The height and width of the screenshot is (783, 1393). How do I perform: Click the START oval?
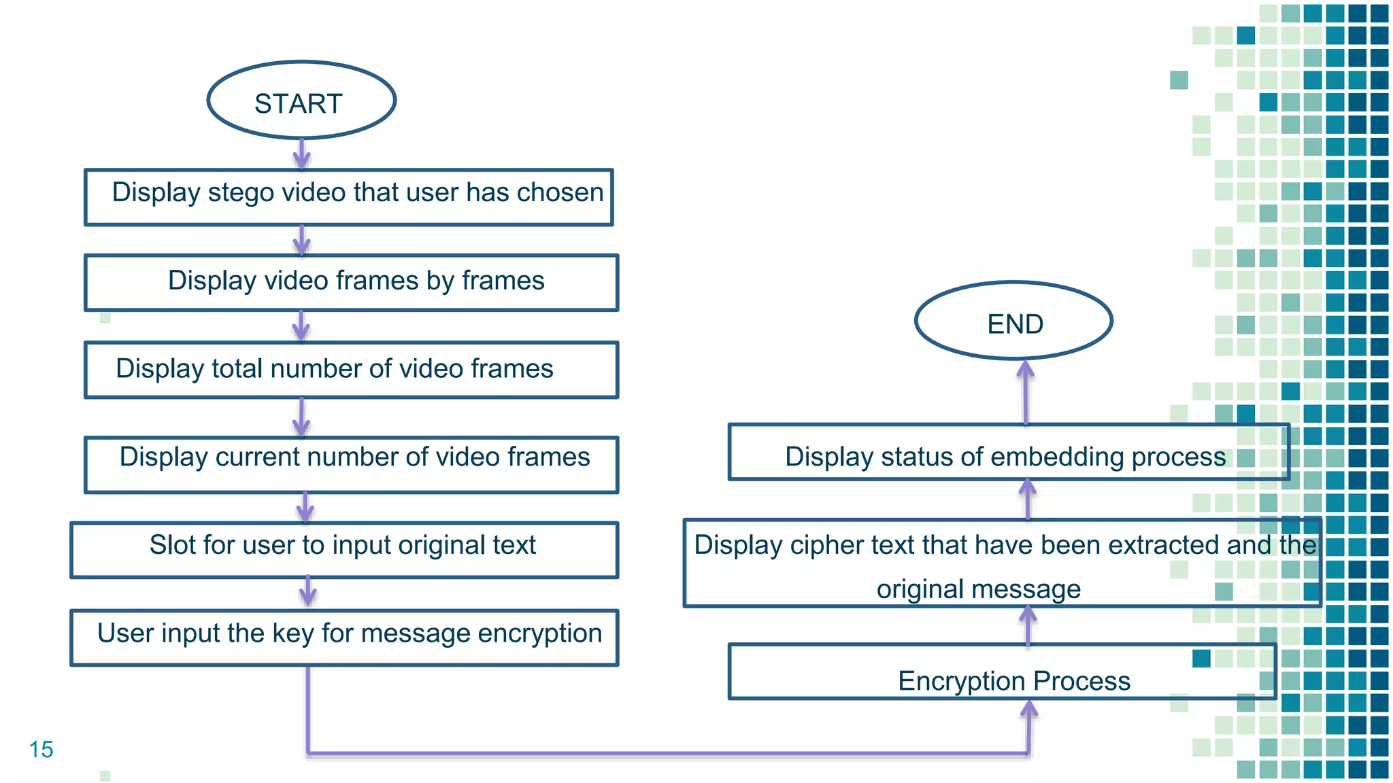click(x=301, y=101)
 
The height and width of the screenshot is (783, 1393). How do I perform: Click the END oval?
click(x=1013, y=321)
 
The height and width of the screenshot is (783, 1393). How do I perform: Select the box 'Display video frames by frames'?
click(x=351, y=282)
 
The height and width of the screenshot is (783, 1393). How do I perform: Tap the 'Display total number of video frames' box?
click(x=351, y=370)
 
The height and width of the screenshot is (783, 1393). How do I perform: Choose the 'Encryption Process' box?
click(x=1002, y=672)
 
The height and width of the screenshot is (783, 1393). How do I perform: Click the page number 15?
click(x=41, y=749)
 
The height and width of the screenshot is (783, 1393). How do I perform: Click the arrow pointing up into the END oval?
click(x=1026, y=391)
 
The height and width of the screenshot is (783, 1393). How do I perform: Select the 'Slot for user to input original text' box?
click(x=343, y=549)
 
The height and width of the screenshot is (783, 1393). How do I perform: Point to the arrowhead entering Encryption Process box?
click(x=1029, y=710)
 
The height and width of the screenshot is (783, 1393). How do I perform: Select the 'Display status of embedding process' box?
click(x=1009, y=452)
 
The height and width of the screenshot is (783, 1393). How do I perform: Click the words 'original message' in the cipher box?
click(x=978, y=589)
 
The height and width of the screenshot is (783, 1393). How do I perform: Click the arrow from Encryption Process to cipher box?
click(x=1028, y=625)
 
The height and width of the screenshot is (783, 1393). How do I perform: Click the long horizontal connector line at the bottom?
click(x=667, y=753)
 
